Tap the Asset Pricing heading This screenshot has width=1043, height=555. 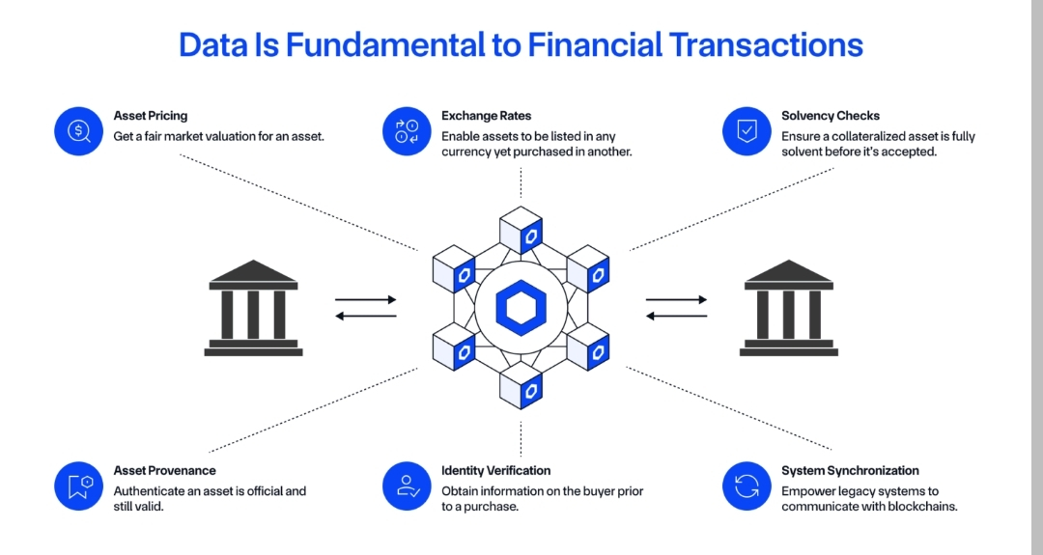[x=151, y=116]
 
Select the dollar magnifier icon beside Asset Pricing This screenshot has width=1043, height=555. [x=79, y=130]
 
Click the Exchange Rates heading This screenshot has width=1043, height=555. [x=487, y=116]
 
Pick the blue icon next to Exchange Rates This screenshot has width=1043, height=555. [x=407, y=130]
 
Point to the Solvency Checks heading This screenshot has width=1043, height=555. [x=831, y=116]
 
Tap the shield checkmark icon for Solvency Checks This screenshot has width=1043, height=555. [x=747, y=130]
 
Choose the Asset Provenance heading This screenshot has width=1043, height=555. [x=164, y=471]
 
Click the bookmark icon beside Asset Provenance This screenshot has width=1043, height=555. [x=79, y=486]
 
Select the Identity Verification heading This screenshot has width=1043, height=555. [x=495, y=471]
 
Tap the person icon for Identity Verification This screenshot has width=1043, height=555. [x=407, y=486]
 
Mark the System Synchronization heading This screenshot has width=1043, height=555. [x=850, y=471]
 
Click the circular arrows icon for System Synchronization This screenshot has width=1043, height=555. [x=747, y=486]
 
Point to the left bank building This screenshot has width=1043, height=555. [x=253, y=308]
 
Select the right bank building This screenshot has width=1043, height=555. [x=789, y=308]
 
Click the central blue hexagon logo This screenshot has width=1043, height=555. [x=521, y=308]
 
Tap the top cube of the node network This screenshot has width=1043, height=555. [x=521, y=230]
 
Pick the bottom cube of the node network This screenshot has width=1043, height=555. [x=521, y=385]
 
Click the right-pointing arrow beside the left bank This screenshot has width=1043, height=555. [x=366, y=300]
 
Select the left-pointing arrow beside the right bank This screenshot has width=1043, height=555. [x=676, y=316]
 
